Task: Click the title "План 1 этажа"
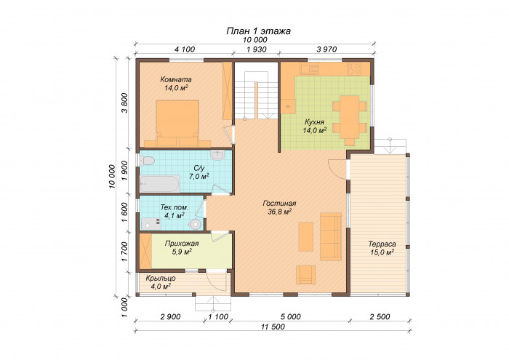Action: pyautogui.click(x=258, y=31)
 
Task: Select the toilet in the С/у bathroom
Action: pyautogui.click(x=146, y=161)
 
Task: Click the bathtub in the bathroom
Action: pyautogui.click(x=160, y=184)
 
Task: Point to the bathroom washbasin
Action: pyautogui.click(x=217, y=154)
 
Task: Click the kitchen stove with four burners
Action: pyautogui.click(x=354, y=69)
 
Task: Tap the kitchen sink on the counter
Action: pyautogui.click(x=309, y=68)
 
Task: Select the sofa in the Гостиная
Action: pyautogui.click(x=331, y=236)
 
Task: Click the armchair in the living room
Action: pyautogui.click(x=305, y=275)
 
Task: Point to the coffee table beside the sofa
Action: pyautogui.click(x=306, y=236)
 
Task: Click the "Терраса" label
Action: pyautogui.click(x=382, y=244)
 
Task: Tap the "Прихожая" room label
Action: pyautogui.click(x=182, y=244)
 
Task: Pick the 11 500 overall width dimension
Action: pyautogui.click(x=273, y=327)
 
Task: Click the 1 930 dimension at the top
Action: pyautogui.click(x=257, y=49)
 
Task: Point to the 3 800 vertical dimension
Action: pyautogui.click(x=124, y=103)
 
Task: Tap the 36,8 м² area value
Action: pyautogui.click(x=279, y=212)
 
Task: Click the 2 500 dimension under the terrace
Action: pyautogui.click(x=380, y=316)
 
